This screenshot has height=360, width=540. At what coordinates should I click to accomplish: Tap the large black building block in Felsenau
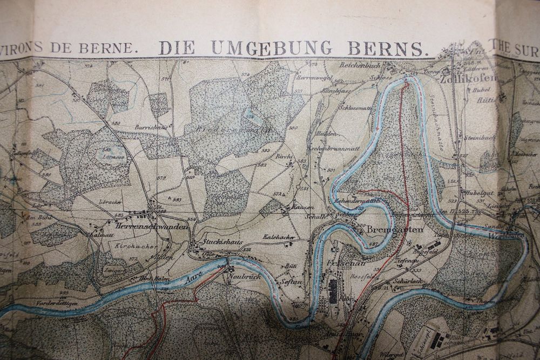point(333,290)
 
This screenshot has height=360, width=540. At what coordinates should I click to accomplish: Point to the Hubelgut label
point(474,192)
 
